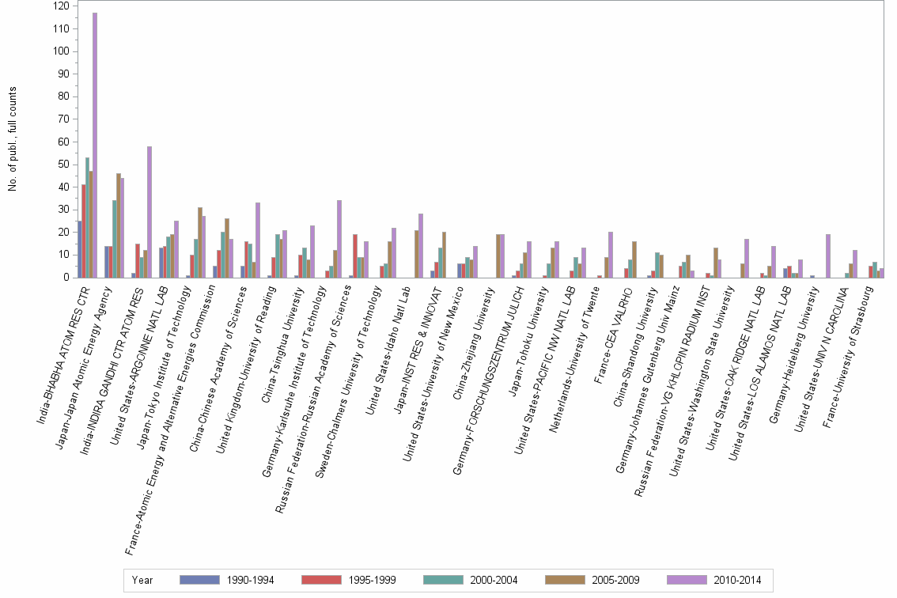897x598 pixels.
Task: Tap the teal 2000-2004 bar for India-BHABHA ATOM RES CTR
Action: tap(87, 218)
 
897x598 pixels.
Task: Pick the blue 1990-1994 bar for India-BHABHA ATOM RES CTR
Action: tap(79, 249)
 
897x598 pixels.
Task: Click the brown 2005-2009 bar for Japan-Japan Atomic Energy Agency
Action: tap(119, 225)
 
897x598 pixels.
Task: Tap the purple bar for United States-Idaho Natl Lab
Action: tap(420, 246)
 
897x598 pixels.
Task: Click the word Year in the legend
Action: tap(142, 580)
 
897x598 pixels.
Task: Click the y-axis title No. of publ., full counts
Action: tap(12, 138)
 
